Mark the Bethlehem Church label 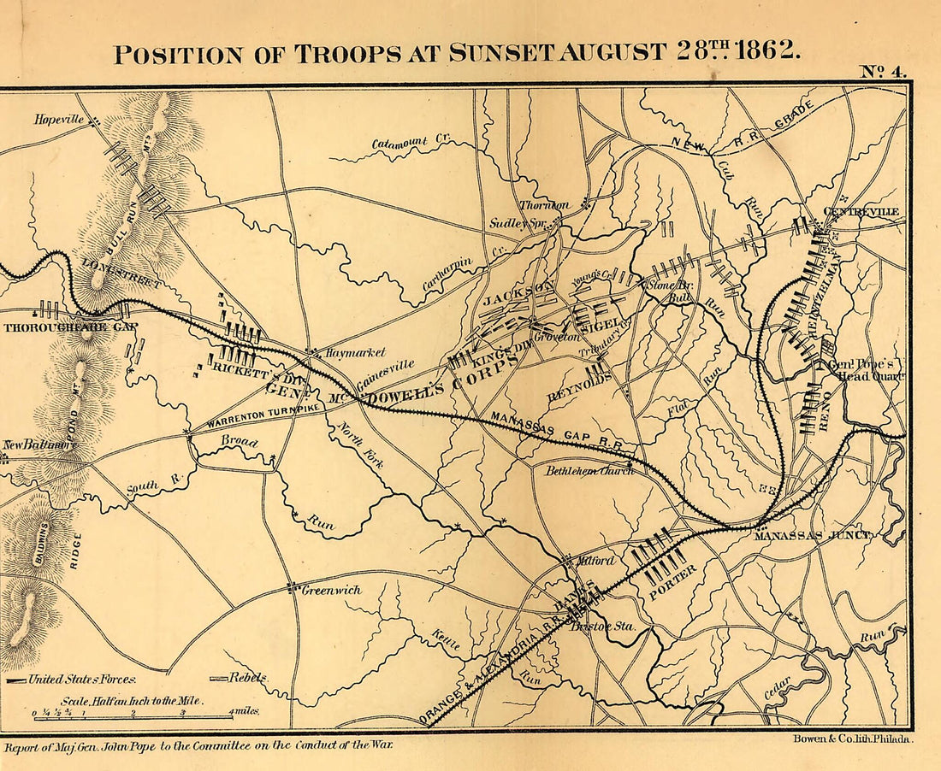(x=589, y=470)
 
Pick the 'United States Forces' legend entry (x=81, y=680)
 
